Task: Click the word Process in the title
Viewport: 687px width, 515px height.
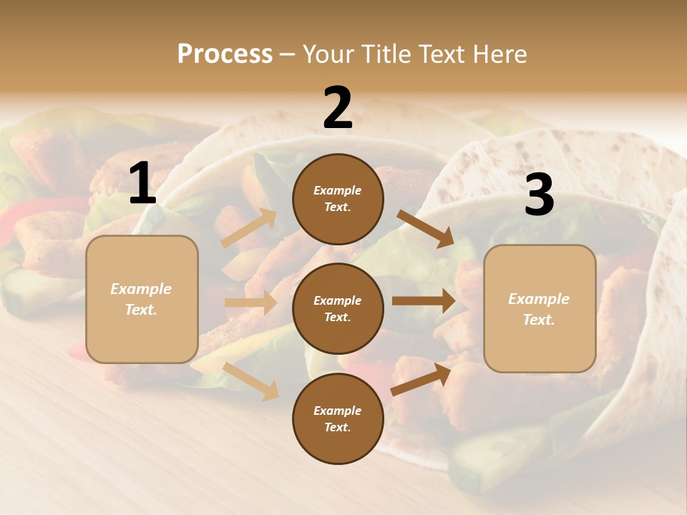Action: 225,54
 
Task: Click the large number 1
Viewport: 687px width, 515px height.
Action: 142,184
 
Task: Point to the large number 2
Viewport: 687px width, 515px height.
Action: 338,109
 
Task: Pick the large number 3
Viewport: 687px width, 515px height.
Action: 539,195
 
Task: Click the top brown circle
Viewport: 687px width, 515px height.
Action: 338,199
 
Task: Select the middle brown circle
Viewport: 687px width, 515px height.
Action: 338,308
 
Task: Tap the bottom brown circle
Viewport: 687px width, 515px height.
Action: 338,418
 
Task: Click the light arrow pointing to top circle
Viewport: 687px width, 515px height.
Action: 249,228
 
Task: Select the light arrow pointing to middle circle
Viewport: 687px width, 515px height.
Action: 251,303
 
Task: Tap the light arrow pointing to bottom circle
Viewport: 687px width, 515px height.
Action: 251,381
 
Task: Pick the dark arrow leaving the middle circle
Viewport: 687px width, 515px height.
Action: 423,301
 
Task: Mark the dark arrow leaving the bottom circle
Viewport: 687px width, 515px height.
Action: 421,379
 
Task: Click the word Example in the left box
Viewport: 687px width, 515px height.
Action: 141,289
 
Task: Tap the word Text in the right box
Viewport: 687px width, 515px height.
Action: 539,320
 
